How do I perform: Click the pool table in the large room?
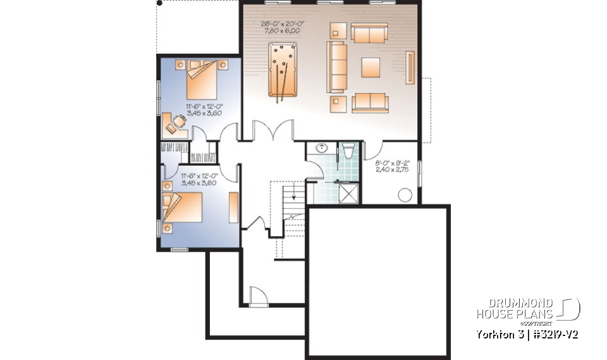pos(281,70)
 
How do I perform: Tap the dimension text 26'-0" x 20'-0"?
pos(283,24)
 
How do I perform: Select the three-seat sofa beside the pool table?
pos(337,66)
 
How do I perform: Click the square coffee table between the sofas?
pos(371,67)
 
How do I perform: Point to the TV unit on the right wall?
pos(412,68)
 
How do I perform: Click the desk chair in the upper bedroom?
pos(180,120)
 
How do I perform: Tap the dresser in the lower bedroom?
pos(233,209)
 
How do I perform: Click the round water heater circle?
pos(405,195)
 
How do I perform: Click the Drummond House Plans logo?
pos(527,309)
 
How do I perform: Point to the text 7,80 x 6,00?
pos(283,30)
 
